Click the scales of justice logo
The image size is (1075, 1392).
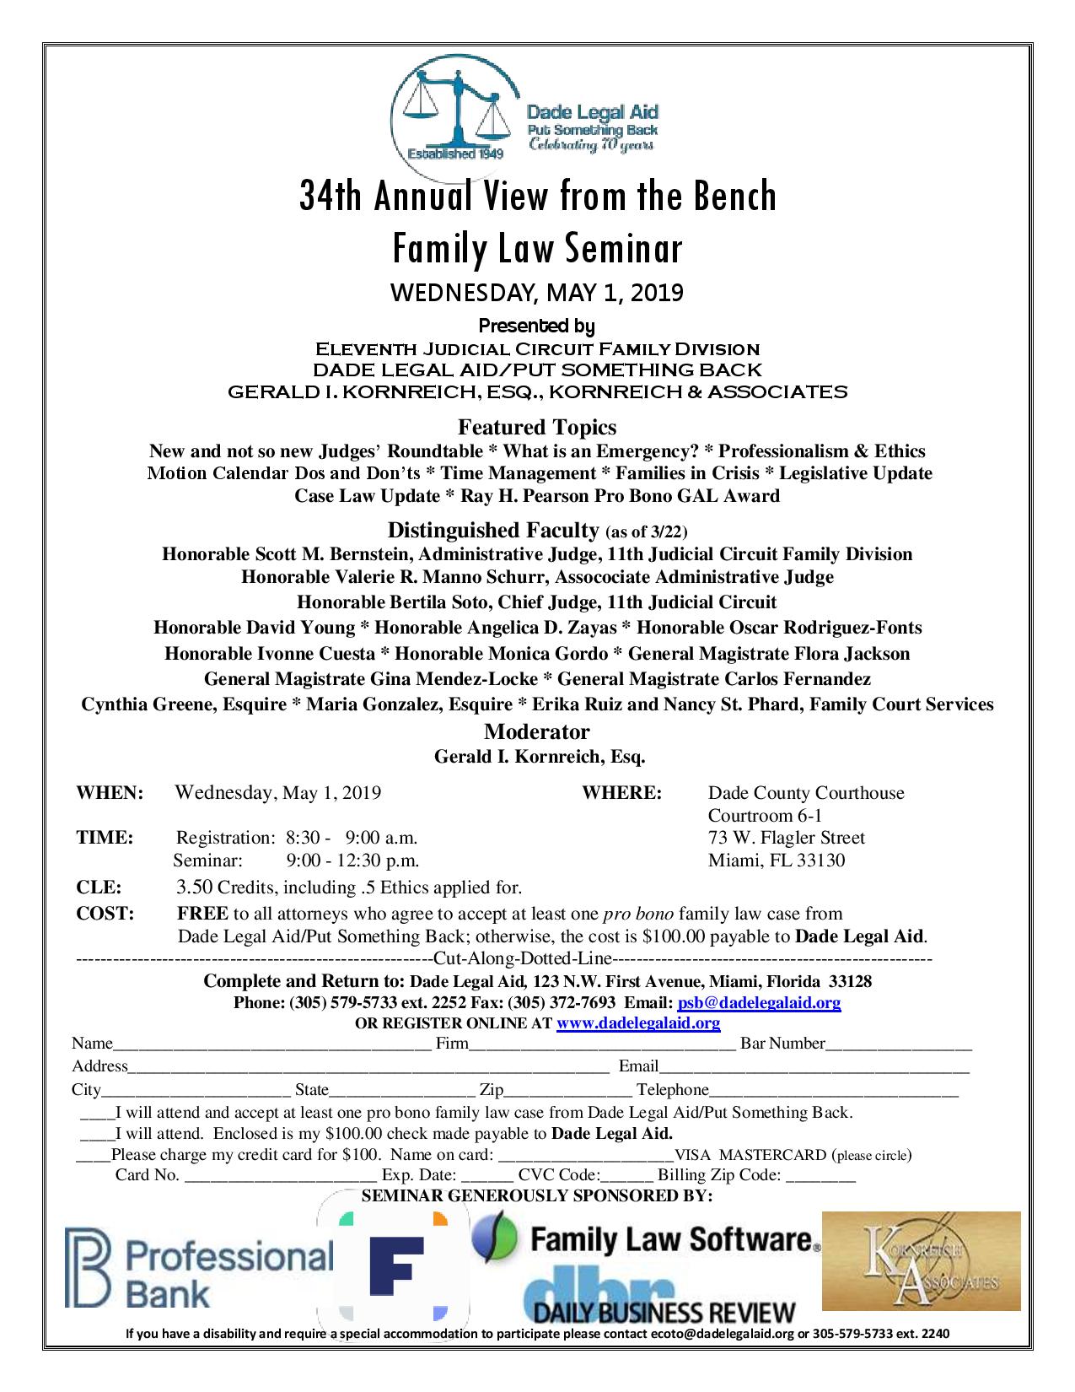pos(456,105)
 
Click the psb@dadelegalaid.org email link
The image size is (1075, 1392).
pos(759,1003)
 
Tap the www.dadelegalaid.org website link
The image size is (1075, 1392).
pos(638,1023)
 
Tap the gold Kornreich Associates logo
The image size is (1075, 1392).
pos(921,1260)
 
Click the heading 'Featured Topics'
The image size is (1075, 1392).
pos(537,427)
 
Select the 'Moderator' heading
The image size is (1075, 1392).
pos(537,731)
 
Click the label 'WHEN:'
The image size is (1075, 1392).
pos(110,793)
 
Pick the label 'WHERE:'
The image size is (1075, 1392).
pos(621,793)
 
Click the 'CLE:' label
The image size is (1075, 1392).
pos(99,888)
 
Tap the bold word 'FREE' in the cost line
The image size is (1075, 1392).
pos(202,914)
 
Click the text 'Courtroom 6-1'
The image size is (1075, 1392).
pos(765,816)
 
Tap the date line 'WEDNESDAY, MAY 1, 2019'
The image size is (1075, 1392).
pos(536,293)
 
